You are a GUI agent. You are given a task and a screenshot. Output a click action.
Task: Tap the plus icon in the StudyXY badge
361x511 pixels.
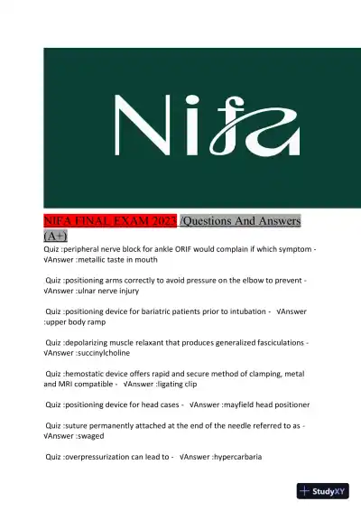click(305, 492)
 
